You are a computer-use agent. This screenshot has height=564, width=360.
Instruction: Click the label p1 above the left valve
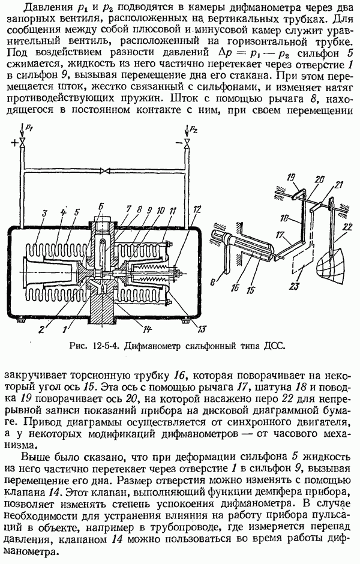point(30,128)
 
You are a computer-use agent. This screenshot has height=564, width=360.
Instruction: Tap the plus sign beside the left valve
point(13,142)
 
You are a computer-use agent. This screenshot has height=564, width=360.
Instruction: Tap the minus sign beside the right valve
point(178,142)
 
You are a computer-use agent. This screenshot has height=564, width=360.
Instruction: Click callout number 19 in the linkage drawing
point(292,178)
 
